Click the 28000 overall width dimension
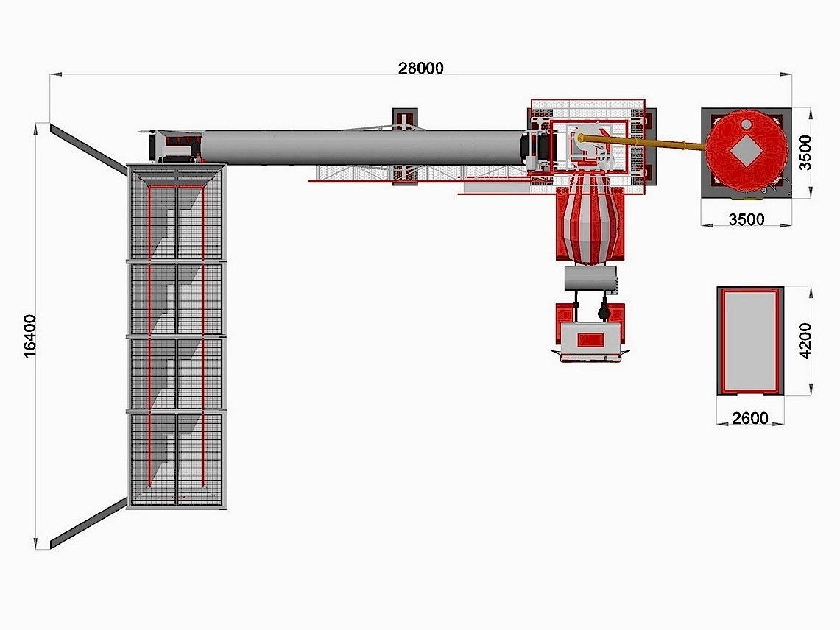tap(420, 68)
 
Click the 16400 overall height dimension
tap(30, 336)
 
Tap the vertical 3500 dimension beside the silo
tap(805, 152)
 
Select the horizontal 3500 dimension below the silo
tap(747, 219)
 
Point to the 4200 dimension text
tap(805, 341)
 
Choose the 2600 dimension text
tap(750, 418)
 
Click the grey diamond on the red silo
tap(747, 151)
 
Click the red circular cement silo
tap(747, 151)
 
